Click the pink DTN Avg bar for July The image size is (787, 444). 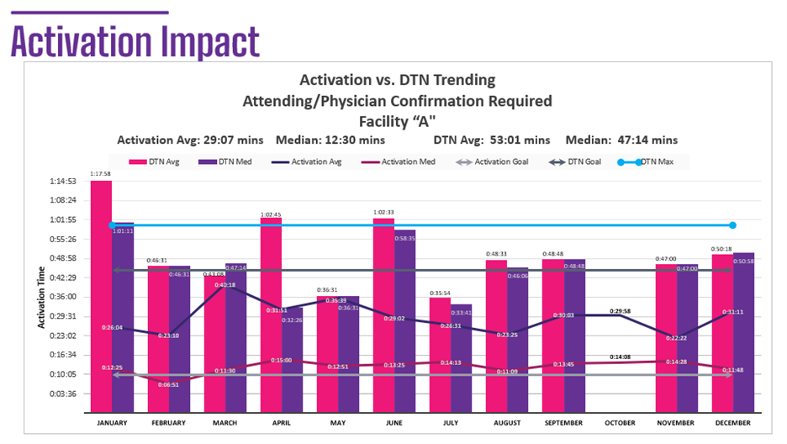coord(440,353)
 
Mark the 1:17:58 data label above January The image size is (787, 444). coord(101,173)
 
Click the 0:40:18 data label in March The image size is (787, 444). coord(224,286)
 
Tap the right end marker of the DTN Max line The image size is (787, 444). coord(732,225)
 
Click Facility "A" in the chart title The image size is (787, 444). coord(398,120)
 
